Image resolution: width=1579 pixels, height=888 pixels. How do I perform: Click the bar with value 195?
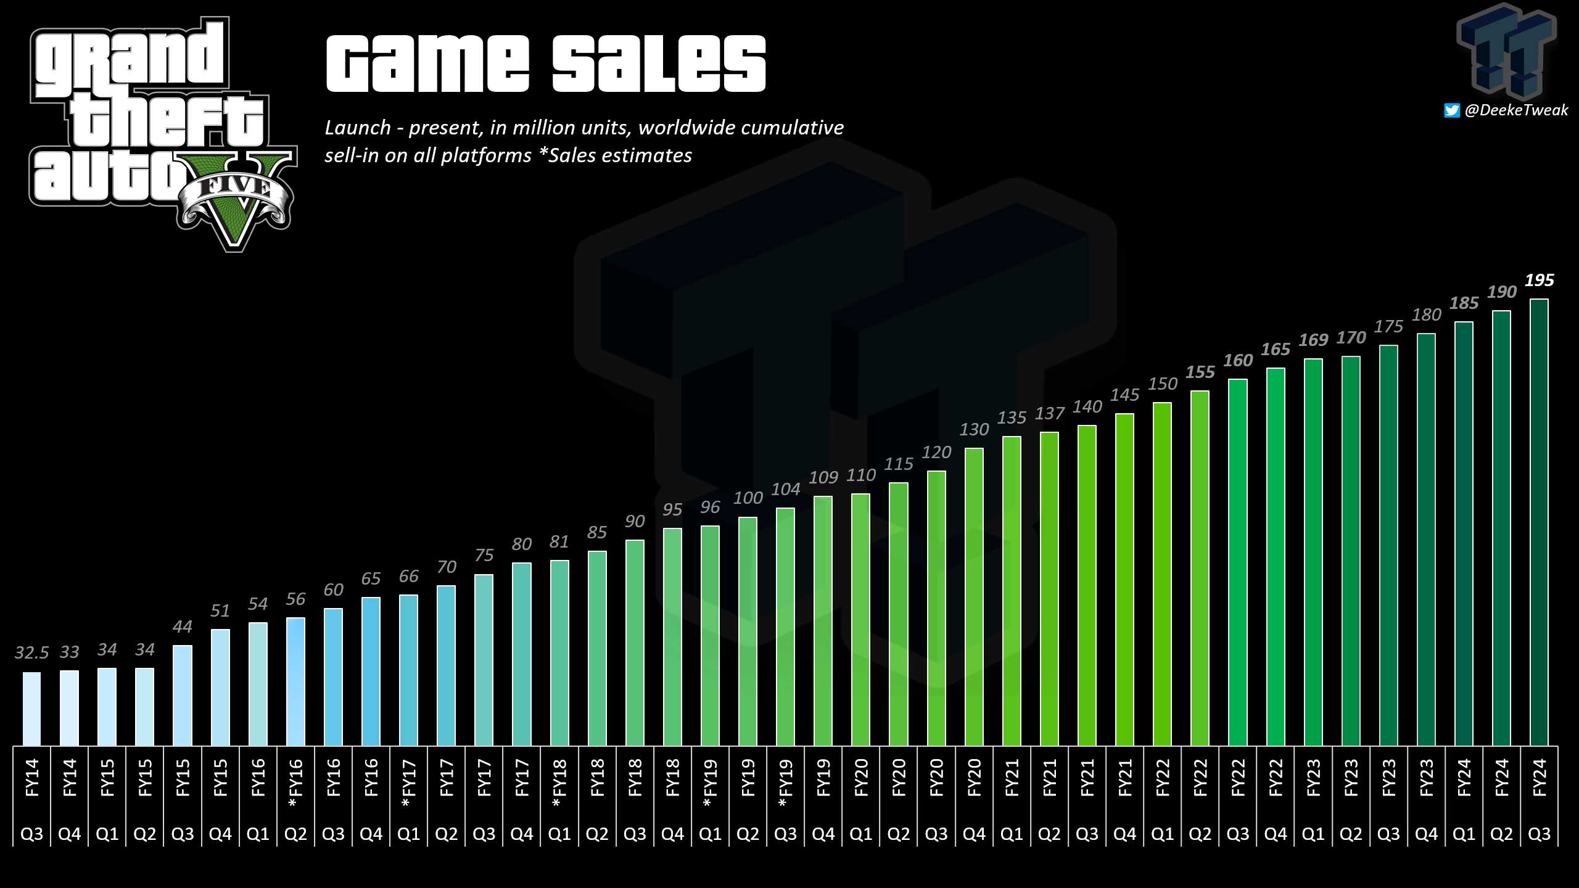[x=1539, y=522]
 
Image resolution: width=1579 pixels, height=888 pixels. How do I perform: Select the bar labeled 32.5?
[x=32, y=709]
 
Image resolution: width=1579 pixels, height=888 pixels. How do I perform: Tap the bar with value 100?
[x=748, y=631]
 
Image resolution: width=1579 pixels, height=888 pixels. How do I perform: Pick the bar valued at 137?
[x=1049, y=589]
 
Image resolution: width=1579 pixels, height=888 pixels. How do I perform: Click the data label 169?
[x=1313, y=340]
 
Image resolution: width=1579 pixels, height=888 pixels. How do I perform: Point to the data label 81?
[x=559, y=542]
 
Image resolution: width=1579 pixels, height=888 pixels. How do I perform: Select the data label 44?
[x=182, y=627]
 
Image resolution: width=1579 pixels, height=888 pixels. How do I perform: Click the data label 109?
[x=823, y=477]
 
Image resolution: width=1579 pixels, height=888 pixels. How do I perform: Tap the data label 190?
[x=1501, y=292]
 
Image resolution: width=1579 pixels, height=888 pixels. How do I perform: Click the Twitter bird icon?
[x=1452, y=110]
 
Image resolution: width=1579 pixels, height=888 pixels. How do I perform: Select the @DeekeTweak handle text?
[x=1516, y=110]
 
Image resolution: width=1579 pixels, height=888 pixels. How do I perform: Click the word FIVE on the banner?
[x=235, y=186]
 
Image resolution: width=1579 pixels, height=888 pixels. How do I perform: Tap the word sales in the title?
[x=659, y=63]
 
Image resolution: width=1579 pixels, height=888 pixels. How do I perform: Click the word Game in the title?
[x=427, y=63]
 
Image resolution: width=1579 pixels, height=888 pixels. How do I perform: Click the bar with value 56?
[x=295, y=682]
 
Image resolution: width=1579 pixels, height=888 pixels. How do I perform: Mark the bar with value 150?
[x=1162, y=574]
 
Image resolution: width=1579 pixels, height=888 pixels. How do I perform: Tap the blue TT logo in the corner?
[x=1507, y=51]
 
